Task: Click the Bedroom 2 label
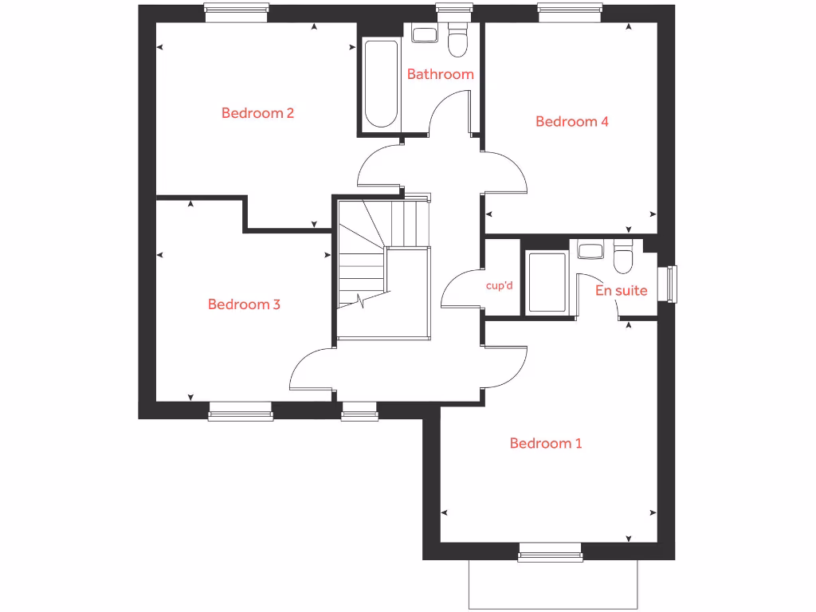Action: pos(257,113)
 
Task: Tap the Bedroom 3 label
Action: pos(244,304)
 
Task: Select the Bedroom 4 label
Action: pos(572,122)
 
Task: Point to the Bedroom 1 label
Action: pos(546,443)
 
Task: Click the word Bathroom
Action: pos(440,74)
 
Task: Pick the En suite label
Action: pos(622,291)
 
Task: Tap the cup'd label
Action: pos(499,285)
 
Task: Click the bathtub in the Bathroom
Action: pos(381,84)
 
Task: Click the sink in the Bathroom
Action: pos(424,35)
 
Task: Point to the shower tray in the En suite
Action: pos(547,282)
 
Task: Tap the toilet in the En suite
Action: pos(622,257)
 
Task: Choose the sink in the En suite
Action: pos(590,252)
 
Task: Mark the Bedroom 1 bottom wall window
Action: pos(550,552)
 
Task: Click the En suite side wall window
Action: pos(672,284)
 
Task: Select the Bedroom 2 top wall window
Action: pos(236,9)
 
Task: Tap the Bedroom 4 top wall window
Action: pos(569,9)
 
